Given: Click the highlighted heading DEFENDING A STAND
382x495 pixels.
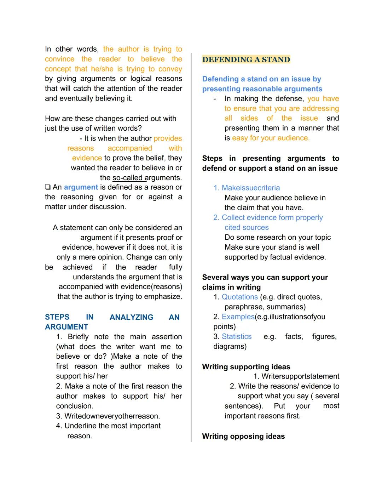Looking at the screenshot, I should tap(246, 59).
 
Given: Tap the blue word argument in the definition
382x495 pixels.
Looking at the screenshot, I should tap(81, 187).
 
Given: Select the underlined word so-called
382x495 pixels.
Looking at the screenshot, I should tap(127, 178).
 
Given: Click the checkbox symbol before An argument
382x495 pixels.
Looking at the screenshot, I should tap(48, 187).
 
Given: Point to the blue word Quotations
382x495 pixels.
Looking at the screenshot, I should tap(239, 297).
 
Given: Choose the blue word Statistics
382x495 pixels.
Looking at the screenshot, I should tap(237, 336).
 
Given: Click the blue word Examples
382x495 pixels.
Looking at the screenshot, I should tap(238, 317).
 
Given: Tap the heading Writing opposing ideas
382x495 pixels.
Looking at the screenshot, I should tap(243, 436).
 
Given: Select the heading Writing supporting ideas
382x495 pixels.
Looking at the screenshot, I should tap(246, 367).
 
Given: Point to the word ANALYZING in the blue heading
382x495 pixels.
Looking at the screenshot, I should tap(131, 317).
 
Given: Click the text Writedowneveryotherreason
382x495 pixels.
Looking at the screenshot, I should tap(112, 416).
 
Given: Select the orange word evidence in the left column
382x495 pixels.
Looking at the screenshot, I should tap(87, 158).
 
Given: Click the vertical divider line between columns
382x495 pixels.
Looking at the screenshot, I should tap(191, 248).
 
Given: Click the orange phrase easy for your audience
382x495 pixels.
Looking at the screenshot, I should tap(271, 138).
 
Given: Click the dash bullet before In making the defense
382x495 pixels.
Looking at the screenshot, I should tap(215, 99).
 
